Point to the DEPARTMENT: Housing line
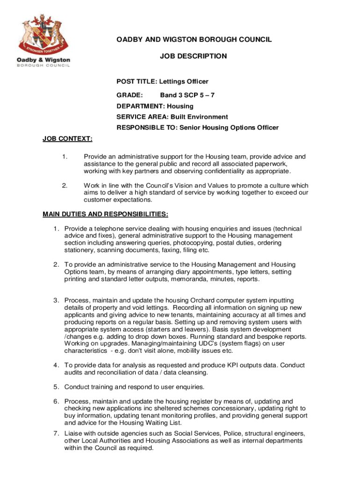[x=155, y=106]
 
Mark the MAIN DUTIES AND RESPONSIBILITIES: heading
[x=105, y=215]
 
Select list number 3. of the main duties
[x=56, y=300]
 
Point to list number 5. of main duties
[x=56, y=387]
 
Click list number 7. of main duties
[x=56, y=433]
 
